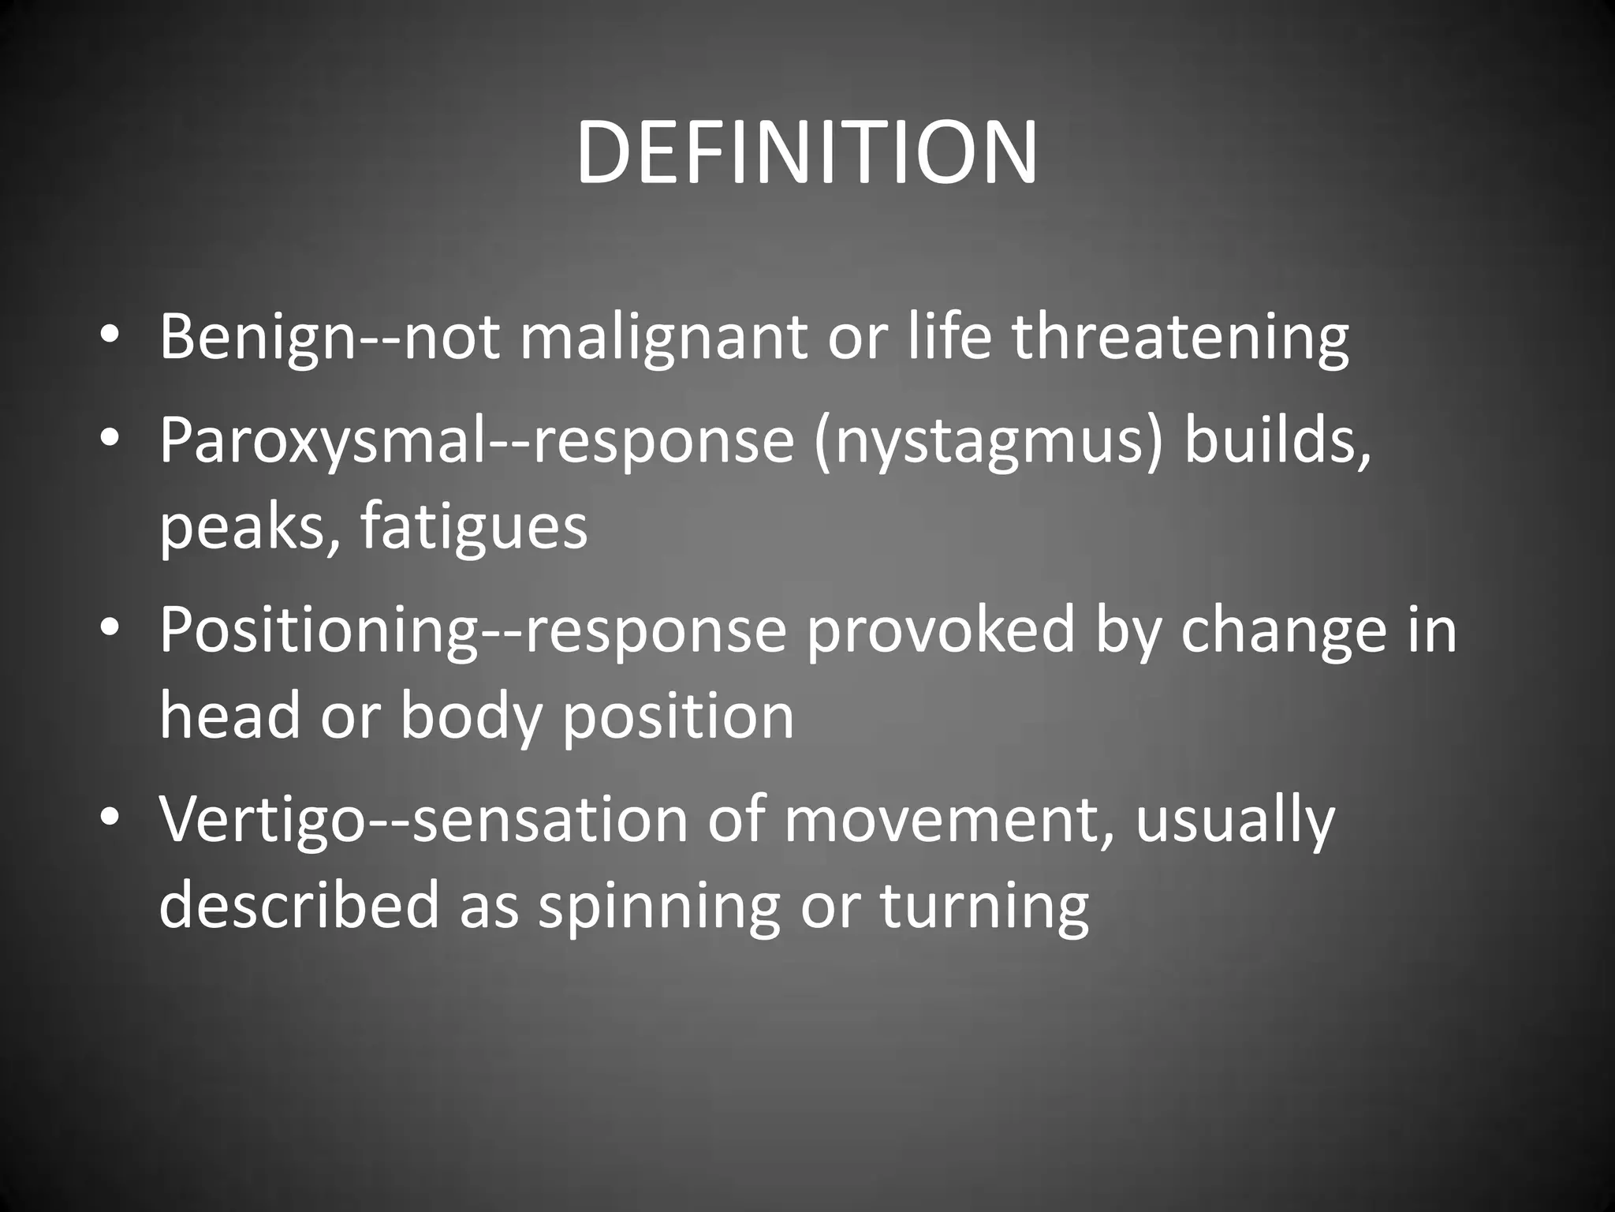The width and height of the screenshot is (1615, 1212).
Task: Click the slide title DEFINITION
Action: coord(807,153)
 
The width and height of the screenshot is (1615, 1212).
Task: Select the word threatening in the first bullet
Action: coord(1180,338)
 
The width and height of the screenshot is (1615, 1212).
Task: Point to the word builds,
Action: coord(1277,440)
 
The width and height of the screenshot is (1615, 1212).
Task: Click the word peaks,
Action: coord(252,527)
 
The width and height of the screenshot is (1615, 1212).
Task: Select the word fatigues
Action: coord(474,527)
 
